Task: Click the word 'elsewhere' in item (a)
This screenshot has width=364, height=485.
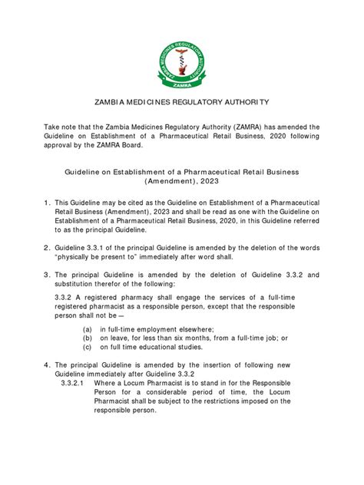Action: pyautogui.click(x=204, y=327)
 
